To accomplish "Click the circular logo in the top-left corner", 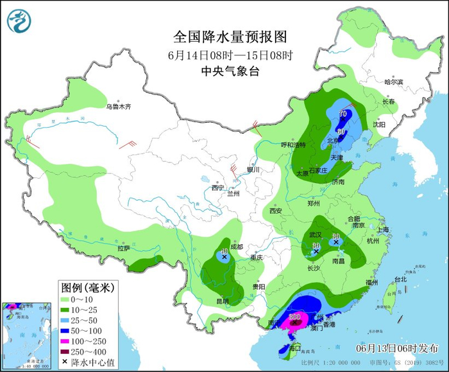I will [19, 21].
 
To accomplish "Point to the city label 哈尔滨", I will [393, 82].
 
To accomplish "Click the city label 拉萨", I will [124, 247].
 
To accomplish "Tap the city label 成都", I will [235, 247].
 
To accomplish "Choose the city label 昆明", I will [222, 301].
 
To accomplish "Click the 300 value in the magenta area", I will [295, 317].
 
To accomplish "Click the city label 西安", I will [276, 211].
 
